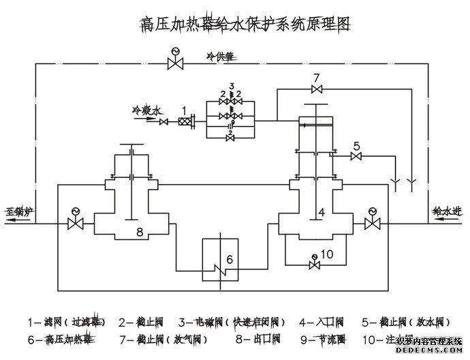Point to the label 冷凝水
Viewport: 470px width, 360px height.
point(148,109)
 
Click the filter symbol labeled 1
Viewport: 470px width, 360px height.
point(185,122)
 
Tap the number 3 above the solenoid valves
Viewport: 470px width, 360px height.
point(232,85)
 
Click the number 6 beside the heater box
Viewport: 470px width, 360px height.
point(230,258)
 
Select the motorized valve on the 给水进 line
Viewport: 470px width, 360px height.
point(372,224)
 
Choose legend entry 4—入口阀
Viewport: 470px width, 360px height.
point(322,320)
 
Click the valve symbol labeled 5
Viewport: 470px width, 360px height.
point(356,157)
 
